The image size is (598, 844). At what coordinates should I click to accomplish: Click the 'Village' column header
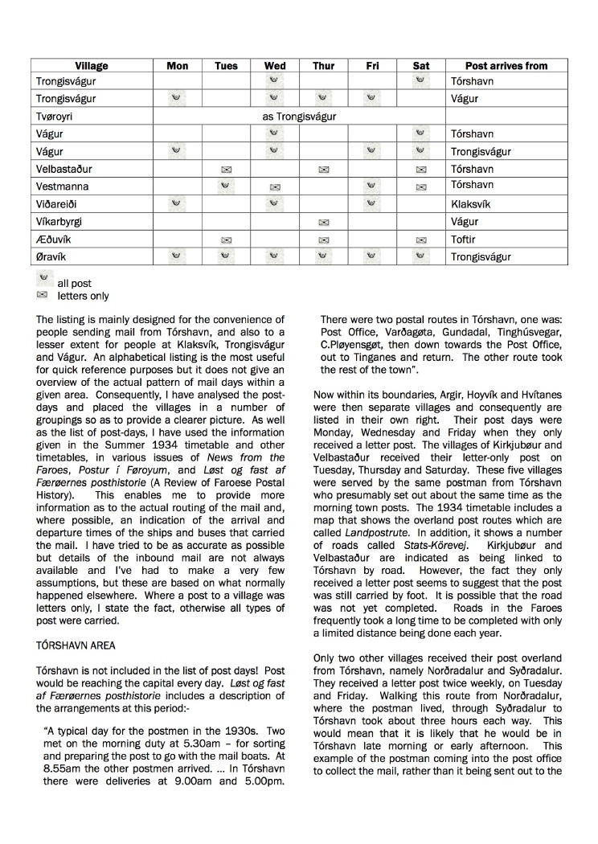[x=92, y=66]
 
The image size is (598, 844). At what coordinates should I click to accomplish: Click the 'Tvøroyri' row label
[x=55, y=117]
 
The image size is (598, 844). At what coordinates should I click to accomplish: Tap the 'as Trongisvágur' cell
[x=299, y=117]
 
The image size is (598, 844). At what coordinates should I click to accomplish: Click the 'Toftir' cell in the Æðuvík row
[x=465, y=240]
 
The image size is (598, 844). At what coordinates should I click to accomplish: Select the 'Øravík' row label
[x=52, y=257]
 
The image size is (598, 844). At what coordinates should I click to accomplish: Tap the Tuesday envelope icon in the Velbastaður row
[x=226, y=170]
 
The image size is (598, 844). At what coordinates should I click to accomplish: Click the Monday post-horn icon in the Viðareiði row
[x=177, y=203]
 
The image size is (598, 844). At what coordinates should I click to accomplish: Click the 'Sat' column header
[x=421, y=66]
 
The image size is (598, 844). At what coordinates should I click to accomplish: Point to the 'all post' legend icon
[x=43, y=277]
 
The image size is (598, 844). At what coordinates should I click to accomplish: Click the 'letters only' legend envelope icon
[x=43, y=295]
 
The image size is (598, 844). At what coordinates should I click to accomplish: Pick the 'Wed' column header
[x=275, y=66]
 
